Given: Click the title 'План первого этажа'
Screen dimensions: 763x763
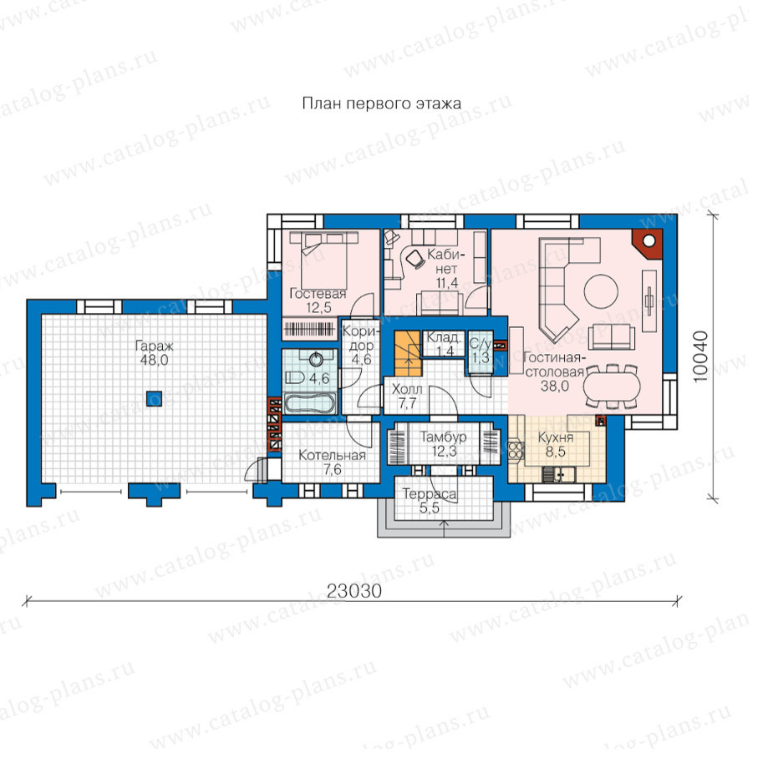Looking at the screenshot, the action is (x=381, y=104).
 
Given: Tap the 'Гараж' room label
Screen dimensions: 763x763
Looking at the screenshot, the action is (x=154, y=346).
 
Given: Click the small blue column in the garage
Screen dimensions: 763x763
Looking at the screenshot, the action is (x=154, y=398).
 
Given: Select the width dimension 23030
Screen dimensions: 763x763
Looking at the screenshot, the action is (x=354, y=591).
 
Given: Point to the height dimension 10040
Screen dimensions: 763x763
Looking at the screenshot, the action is (x=700, y=356).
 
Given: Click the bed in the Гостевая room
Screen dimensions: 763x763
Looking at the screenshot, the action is (x=323, y=260).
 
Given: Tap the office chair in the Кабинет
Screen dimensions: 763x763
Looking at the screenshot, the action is (x=415, y=259).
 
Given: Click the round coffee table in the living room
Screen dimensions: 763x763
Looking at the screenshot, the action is (x=601, y=291).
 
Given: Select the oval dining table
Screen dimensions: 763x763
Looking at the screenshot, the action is (x=612, y=384).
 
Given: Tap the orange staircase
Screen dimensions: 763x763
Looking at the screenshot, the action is (x=407, y=354).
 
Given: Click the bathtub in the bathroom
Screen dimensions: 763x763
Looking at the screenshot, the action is (x=310, y=403).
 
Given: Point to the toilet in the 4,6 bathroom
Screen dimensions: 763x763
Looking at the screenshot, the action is (x=295, y=376).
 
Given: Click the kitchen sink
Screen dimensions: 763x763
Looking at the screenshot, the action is (x=559, y=473).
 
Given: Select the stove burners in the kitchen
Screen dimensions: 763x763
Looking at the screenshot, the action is (x=516, y=449).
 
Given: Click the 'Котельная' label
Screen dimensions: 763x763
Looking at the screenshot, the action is (x=332, y=456).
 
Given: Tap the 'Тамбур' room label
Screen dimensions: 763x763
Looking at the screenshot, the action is (x=443, y=437).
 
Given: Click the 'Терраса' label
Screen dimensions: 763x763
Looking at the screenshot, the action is (x=430, y=494).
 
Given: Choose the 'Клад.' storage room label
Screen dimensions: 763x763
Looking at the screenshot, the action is (x=444, y=337).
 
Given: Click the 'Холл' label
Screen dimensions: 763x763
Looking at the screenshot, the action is (x=407, y=389).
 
